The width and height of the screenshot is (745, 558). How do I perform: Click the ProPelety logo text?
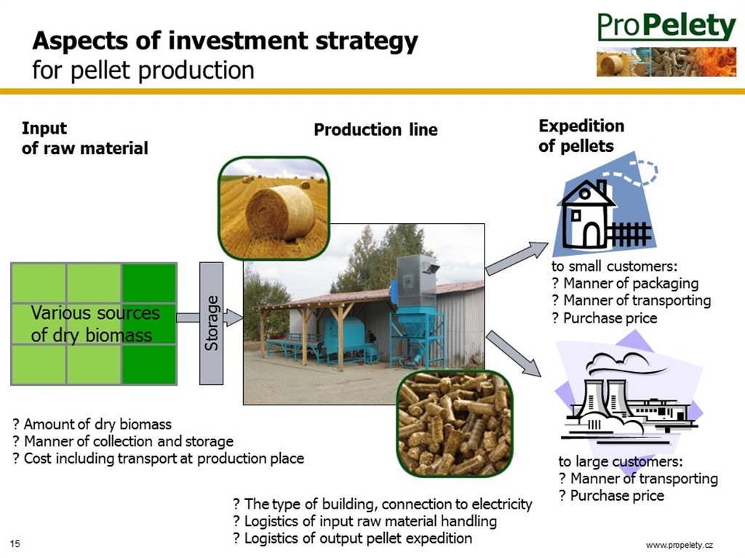click(x=666, y=27)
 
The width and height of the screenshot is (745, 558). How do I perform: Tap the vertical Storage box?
click(x=212, y=323)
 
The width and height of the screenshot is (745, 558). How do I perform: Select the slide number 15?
click(x=15, y=543)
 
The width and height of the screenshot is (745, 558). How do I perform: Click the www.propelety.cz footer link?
click(x=680, y=545)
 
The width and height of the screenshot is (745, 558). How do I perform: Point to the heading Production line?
click(x=375, y=129)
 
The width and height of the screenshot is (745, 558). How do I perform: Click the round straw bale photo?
click(x=274, y=208)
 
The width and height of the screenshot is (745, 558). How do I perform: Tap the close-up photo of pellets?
click(x=455, y=424)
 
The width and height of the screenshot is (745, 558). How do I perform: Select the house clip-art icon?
click(x=606, y=204)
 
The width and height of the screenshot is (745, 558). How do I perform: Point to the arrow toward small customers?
click(x=517, y=258)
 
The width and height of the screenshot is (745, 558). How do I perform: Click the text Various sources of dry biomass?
click(x=95, y=323)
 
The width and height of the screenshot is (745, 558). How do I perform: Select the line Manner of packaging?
click(x=625, y=283)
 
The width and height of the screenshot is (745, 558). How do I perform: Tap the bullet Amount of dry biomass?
click(x=92, y=424)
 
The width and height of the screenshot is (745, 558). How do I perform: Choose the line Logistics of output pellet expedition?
click(x=353, y=538)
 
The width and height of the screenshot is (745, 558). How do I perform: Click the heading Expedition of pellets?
click(x=581, y=136)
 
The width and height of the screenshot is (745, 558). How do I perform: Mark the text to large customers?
click(x=621, y=461)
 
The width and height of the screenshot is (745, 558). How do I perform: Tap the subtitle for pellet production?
click(x=143, y=70)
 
